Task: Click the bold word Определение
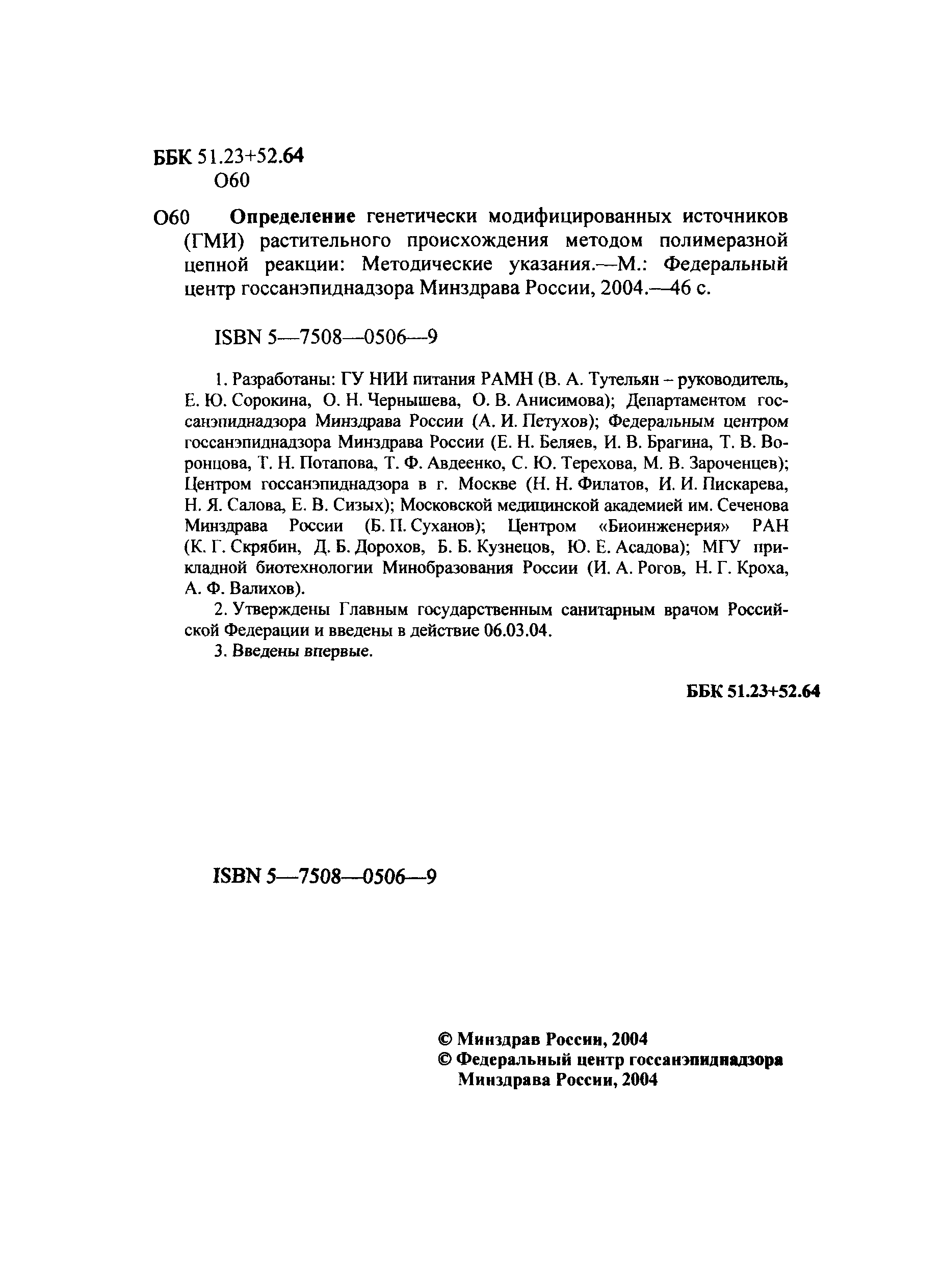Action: (292, 217)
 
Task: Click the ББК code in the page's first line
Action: (229, 157)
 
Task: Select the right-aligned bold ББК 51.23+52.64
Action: (752, 691)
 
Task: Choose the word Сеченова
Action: (752, 505)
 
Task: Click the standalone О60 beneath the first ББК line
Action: (232, 181)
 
